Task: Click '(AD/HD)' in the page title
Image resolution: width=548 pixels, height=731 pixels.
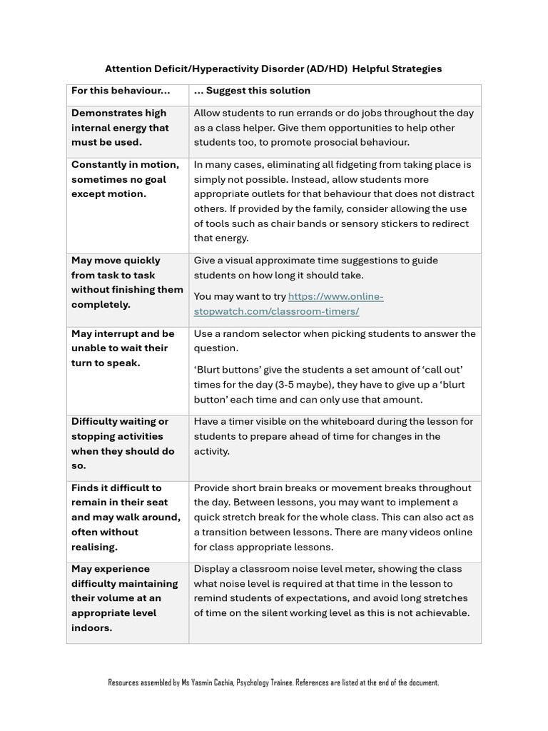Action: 328,69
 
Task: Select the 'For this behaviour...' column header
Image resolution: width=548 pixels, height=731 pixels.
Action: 121,91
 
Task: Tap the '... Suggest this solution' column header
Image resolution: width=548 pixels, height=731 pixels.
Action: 252,91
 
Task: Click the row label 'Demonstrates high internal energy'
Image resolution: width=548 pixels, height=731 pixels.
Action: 120,120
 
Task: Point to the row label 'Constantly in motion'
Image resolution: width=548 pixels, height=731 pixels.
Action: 125,164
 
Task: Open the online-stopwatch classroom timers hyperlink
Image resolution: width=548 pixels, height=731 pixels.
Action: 289,304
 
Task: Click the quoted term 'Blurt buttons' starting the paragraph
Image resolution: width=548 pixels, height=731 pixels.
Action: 227,370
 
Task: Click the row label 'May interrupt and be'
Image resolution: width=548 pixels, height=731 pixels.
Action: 123,333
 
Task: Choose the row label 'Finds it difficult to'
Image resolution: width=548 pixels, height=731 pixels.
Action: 116,488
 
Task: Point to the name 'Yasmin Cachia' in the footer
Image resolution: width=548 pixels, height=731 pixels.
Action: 212,683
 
